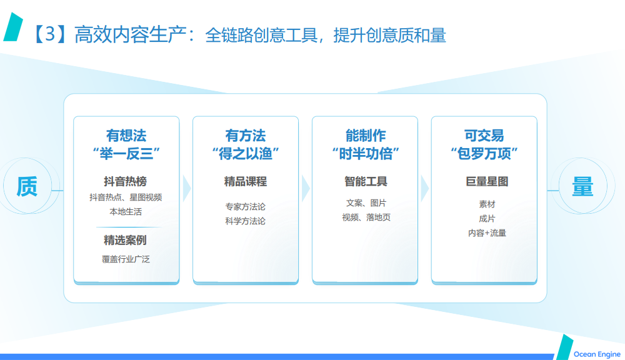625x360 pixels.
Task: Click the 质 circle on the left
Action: [27, 186]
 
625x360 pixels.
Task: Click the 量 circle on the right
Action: [582, 186]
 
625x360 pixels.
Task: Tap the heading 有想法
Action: [126, 136]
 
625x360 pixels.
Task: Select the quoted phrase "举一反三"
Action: [126, 154]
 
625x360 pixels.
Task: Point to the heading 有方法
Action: [246, 136]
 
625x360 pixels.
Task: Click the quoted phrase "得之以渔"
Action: [246, 154]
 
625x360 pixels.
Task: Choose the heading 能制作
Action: [366, 136]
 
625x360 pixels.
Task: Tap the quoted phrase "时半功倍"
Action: [366, 154]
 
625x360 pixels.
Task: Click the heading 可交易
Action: [484, 136]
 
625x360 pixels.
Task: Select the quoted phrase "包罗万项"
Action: [484, 154]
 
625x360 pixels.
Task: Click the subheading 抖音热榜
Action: [126, 181]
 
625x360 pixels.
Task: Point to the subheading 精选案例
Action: [125, 240]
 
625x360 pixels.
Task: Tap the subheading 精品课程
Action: [246, 181]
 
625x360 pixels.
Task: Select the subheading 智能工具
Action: [366, 181]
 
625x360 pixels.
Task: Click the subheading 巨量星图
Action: [487, 181]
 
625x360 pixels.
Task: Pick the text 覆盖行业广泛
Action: [126, 259]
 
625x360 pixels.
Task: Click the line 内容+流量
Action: [487, 233]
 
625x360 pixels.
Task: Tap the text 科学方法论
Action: [246, 221]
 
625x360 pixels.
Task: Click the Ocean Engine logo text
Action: [597, 354]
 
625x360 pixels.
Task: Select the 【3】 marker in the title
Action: [50, 34]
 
